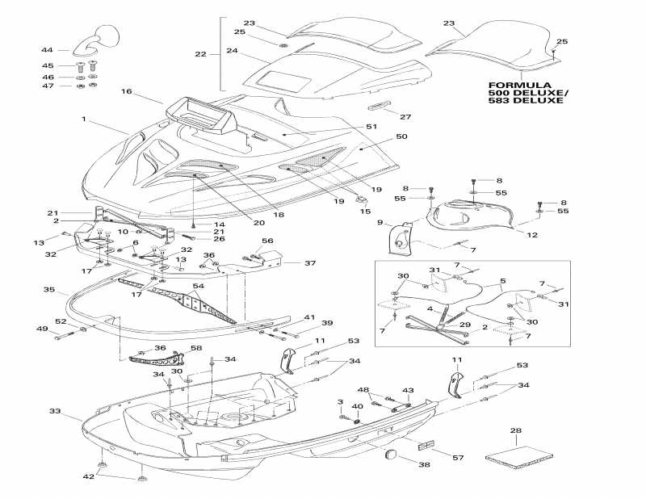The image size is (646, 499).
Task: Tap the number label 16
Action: (x=126, y=92)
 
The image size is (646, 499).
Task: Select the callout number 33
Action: (x=55, y=411)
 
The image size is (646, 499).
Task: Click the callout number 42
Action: (x=89, y=476)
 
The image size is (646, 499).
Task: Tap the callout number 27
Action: (x=405, y=116)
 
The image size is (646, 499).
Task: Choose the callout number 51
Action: (x=371, y=127)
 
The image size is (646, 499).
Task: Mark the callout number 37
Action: (x=309, y=263)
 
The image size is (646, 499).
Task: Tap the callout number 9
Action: (x=379, y=222)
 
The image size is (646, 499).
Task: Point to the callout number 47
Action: (x=48, y=86)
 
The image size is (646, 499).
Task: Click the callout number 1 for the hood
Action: (x=83, y=119)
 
